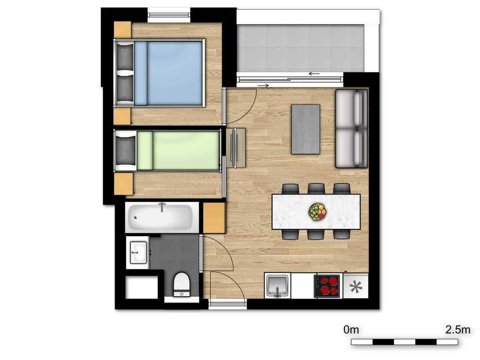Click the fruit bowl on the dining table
coord(317,212)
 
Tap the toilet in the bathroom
coord(181,284)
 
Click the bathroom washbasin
coord(138,251)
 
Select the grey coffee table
coord(305,129)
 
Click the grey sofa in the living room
coord(351,129)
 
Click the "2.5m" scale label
coord(457,330)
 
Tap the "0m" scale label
coord(351,330)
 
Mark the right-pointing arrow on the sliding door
coord(263,86)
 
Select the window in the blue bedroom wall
coord(169,16)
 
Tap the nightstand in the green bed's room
coord(123,183)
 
